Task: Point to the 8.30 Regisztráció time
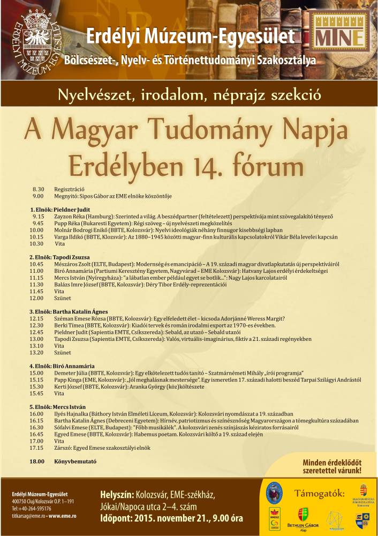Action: coord(37,189)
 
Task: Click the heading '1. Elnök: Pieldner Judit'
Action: coord(59,209)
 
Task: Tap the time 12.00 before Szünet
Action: coord(36,297)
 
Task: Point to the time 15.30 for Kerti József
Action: coord(36,386)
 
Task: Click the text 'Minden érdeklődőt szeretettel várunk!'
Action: coord(332,466)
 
